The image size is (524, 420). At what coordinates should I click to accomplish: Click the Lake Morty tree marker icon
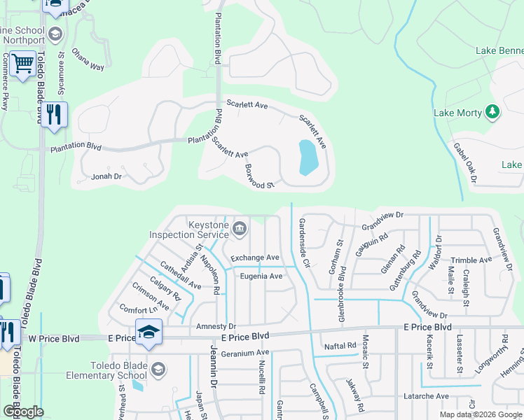(x=492, y=112)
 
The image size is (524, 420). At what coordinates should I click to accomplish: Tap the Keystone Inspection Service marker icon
(x=239, y=227)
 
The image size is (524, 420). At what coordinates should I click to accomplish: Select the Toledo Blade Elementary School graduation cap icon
(x=159, y=369)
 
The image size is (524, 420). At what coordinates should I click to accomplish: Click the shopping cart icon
(x=23, y=64)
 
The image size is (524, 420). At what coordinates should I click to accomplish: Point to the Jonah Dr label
(x=106, y=177)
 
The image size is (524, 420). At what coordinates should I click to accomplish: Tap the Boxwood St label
(x=258, y=176)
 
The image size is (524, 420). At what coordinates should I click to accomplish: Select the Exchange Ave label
(x=255, y=258)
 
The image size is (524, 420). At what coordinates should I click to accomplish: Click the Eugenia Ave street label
(x=261, y=276)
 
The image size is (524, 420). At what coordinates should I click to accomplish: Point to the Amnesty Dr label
(x=217, y=326)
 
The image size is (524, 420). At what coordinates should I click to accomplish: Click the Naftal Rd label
(x=341, y=346)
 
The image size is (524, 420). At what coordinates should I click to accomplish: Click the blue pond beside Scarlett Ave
(x=307, y=157)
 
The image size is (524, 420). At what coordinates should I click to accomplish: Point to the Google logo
(x=23, y=412)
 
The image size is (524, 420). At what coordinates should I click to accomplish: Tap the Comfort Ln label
(x=139, y=309)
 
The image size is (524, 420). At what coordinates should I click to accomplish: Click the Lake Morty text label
(x=457, y=113)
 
